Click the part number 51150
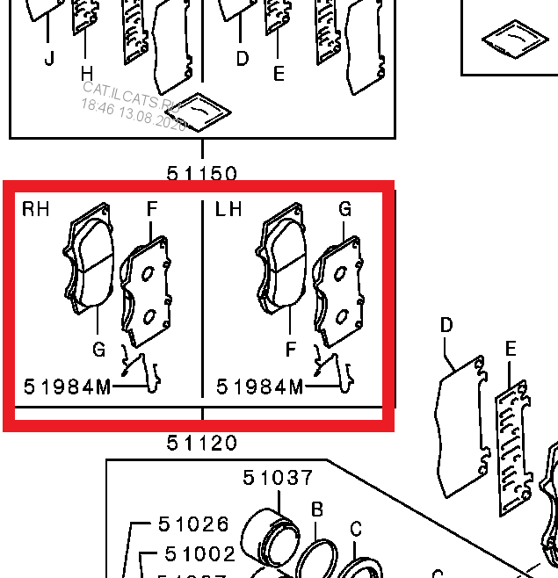[x=202, y=173]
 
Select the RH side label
[x=36, y=209]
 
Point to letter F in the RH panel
[x=152, y=210]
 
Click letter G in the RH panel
[x=98, y=350]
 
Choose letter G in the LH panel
[x=345, y=210]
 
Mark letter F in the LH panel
[x=291, y=350]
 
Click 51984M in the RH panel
[x=67, y=387]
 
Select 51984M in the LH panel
[x=260, y=387]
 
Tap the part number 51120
[x=202, y=444]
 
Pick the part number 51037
[x=278, y=478]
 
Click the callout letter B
[x=317, y=509]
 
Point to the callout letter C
[x=356, y=529]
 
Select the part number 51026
[x=194, y=524]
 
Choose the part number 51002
[x=200, y=554]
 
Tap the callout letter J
[x=48, y=59]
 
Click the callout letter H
[x=86, y=72]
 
